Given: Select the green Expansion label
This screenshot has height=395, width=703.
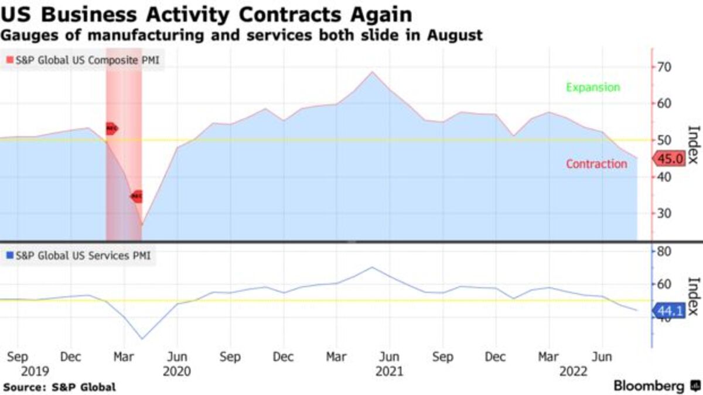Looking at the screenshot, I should (593, 87).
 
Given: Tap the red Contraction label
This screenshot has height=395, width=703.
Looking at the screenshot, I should (596, 164).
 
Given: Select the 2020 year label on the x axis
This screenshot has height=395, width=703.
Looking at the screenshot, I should (177, 371).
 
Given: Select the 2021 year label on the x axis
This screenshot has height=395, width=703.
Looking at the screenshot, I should (389, 371).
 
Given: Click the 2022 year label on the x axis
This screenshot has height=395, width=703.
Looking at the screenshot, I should (575, 371).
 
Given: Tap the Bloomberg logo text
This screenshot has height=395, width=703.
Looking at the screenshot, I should (649, 386).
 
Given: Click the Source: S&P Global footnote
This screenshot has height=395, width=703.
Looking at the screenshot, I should (59, 387).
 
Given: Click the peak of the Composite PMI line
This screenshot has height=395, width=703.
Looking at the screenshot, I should (372, 72).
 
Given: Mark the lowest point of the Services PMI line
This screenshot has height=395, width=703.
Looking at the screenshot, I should (142, 339).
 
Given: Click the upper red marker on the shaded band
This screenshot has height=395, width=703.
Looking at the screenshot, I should (111, 128).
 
